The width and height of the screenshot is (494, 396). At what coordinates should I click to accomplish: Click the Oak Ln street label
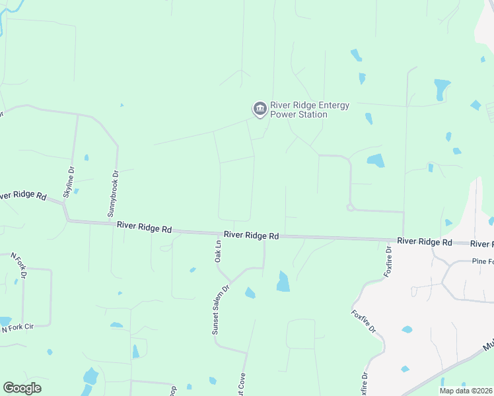[x=217, y=251]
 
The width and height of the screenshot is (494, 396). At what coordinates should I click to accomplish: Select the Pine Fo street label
[x=482, y=261]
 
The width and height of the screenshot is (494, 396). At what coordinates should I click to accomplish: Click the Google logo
[x=22, y=388]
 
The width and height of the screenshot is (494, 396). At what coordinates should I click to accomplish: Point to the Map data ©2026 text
[x=466, y=391]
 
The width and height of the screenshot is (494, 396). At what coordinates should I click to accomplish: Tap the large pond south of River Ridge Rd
[x=283, y=281]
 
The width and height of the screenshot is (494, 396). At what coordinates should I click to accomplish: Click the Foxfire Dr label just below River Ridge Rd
[x=389, y=260]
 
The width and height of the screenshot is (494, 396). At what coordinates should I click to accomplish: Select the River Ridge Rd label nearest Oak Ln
[x=251, y=235]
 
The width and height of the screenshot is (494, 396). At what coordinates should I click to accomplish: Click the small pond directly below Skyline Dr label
[x=76, y=191]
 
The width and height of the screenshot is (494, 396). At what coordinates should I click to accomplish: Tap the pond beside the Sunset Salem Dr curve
[x=250, y=292]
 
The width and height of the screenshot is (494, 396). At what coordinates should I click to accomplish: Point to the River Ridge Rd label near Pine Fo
[x=425, y=242]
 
